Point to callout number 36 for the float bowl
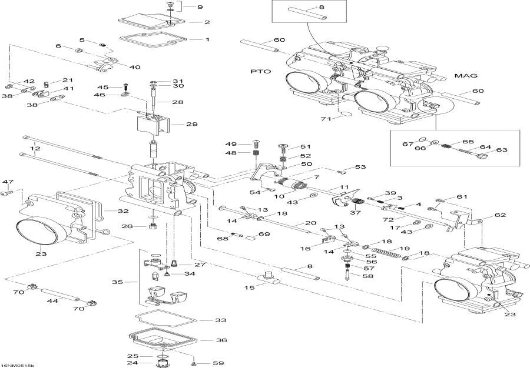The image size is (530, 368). point(221,340)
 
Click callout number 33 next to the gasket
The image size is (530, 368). point(220,320)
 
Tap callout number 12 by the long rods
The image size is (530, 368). point(37,149)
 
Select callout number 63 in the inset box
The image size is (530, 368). point(502,150)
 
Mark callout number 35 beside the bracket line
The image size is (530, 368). point(118,282)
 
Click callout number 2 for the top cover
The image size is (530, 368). point(207,22)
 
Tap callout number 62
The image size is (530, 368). point(500,215)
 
